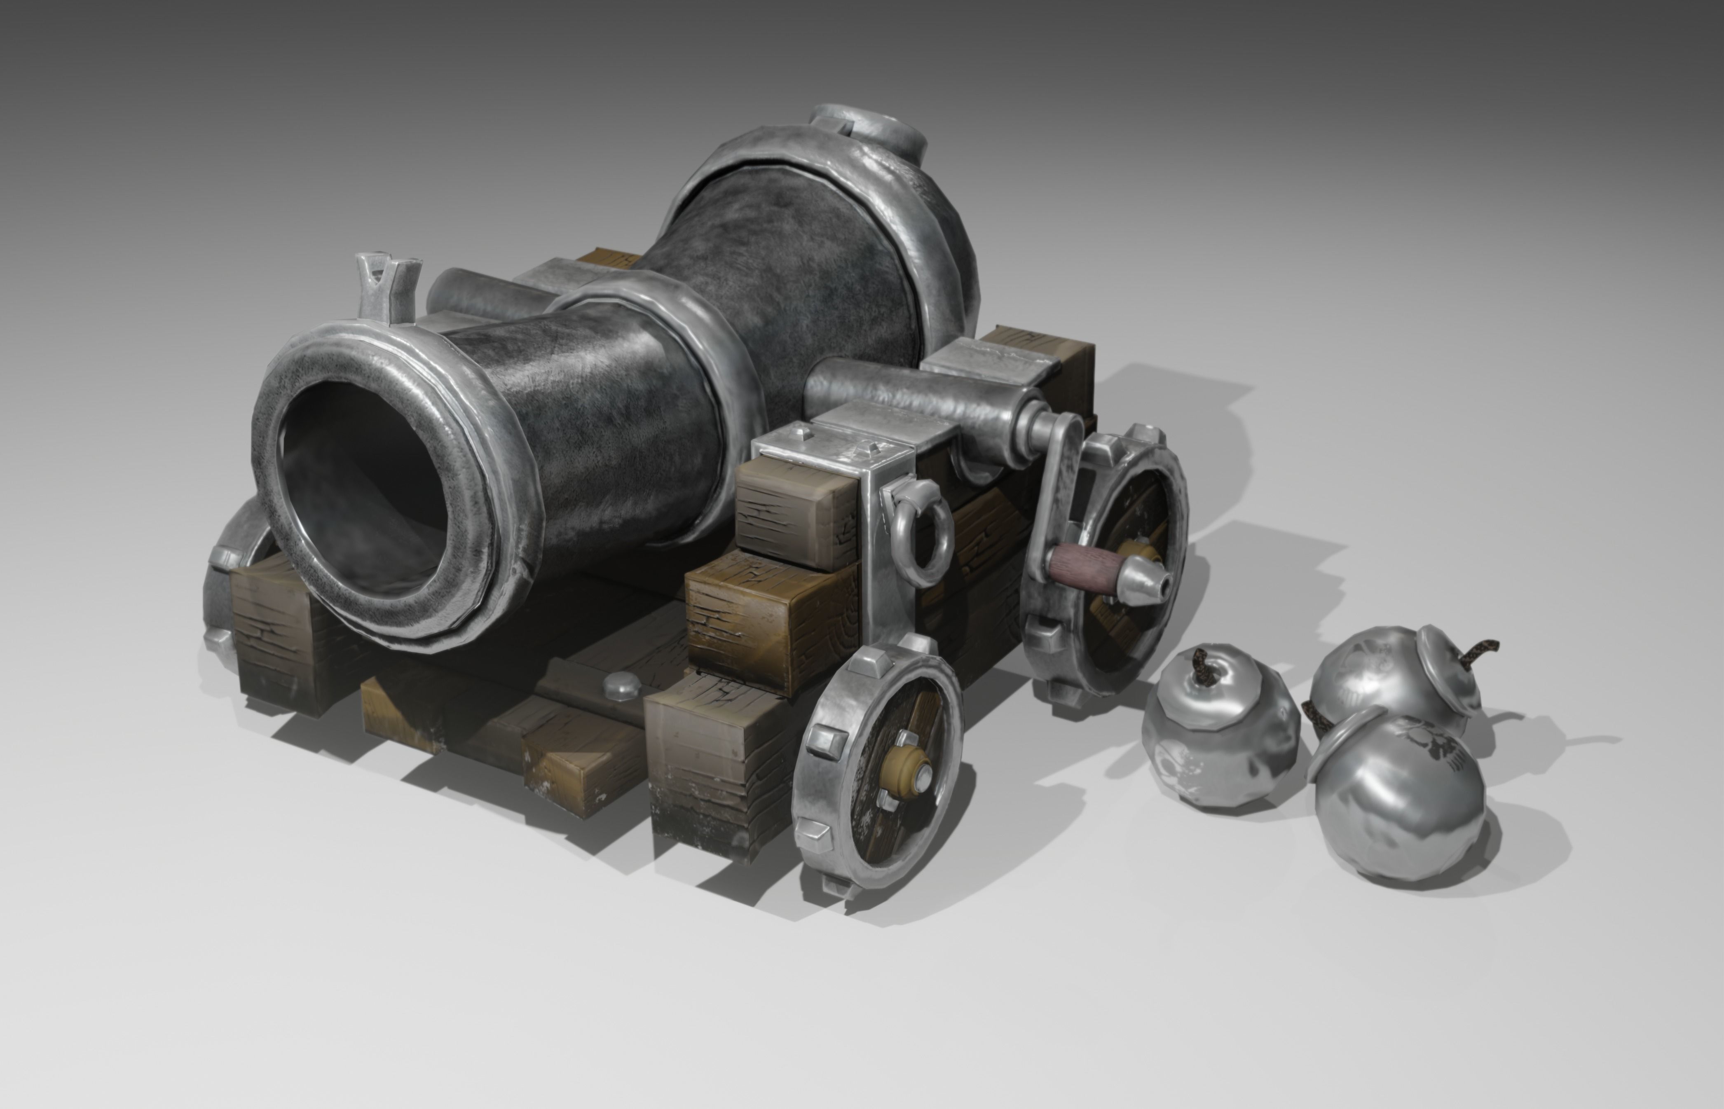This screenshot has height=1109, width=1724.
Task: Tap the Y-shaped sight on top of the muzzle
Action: pos(387,284)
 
